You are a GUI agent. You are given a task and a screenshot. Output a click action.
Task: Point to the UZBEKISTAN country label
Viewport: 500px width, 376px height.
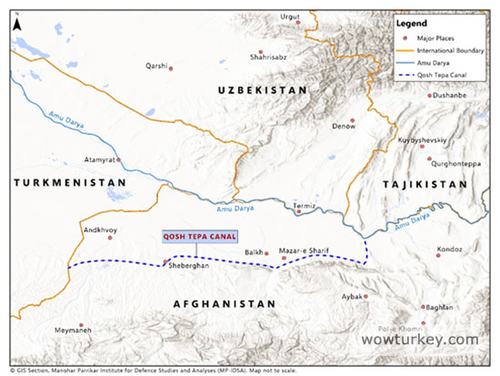point(259,90)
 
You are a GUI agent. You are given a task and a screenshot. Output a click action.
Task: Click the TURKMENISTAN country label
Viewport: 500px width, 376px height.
point(69,183)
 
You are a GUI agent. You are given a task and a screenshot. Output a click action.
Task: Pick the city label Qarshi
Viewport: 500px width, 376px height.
point(158,66)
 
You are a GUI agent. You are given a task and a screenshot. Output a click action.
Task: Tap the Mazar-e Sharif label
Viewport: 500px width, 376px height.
point(305,249)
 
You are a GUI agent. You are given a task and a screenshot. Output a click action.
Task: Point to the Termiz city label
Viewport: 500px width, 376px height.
point(304,206)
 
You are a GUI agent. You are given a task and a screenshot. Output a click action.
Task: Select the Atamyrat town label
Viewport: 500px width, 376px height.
point(101,158)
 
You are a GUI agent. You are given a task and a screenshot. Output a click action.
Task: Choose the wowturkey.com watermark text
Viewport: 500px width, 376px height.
point(419,339)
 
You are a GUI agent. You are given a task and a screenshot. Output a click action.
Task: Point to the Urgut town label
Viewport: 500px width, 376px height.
point(290,16)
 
